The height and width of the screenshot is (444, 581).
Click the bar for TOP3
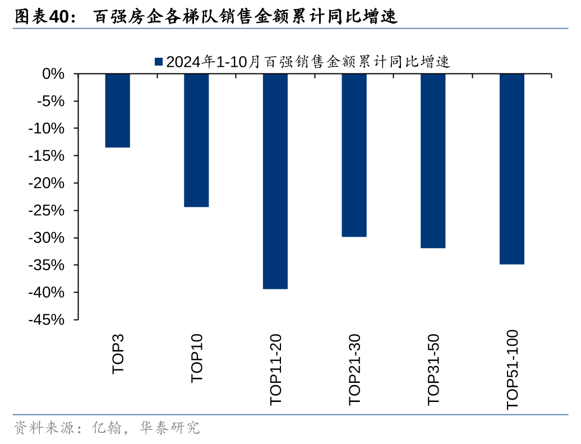pos(118,110)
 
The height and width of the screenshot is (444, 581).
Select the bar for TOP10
pos(196,140)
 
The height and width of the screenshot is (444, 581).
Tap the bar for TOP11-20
pos(275,181)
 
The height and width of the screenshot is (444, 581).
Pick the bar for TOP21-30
pos(354,155)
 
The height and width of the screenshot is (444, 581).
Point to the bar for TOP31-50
pos(433,161)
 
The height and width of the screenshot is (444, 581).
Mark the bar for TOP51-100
pos(511,169)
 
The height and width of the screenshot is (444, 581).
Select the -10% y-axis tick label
pos(49,129)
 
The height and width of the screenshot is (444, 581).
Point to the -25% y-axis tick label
pos(49,211)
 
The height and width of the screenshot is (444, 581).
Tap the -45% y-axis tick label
pos(49,320)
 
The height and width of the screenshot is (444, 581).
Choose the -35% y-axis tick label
pos(49,266)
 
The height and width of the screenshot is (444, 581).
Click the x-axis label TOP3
pos(118,354)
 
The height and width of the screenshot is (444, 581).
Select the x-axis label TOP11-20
pos(276,369)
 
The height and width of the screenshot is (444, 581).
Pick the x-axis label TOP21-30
pos(354,369)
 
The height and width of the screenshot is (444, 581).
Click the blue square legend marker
pos(158,62)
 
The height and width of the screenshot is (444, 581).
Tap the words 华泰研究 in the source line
pos(174,428)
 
